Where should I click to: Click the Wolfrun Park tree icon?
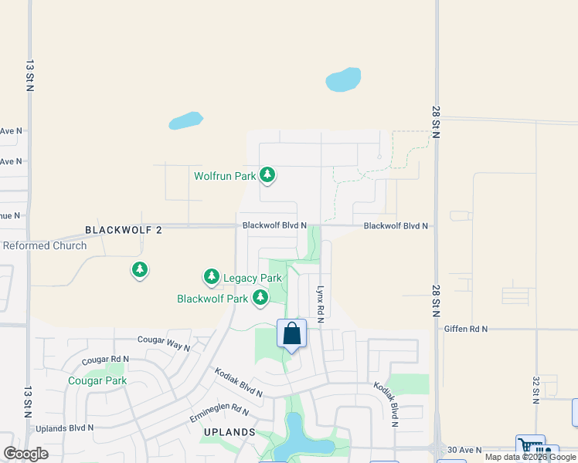[x=267, y=176]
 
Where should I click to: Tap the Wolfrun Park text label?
[x=225, y=176]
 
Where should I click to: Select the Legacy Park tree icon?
[x=211, y=277]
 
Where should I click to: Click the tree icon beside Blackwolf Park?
[x=261, y=298]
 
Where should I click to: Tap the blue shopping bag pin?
[x=291, y=334]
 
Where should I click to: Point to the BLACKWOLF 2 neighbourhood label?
[x=124, y=230]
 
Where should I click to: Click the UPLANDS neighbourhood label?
[x=229, y=432]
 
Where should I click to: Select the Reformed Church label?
[x=44, y=246]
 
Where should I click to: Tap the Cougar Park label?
[x=97, y=380]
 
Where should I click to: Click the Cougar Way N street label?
[x=163, y=343]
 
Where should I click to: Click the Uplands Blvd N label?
[x=64, y=428]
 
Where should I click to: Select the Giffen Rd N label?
[x=466, y=329]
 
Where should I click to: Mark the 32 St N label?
[x=535, y=390]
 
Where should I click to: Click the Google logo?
[x=25, y=454]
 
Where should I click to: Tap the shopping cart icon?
[x=529, y=447]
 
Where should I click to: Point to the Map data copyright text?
[x=530, y=458]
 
